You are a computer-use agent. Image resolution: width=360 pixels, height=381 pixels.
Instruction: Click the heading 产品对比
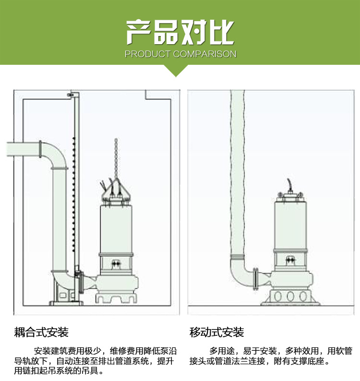pos(180,32)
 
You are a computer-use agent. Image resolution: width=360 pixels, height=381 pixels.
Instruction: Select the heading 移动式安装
pos(217,332)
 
